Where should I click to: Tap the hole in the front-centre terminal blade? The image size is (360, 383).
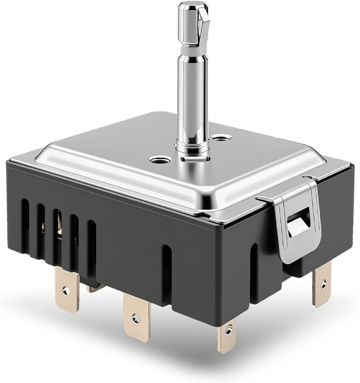[x=134, y=318]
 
